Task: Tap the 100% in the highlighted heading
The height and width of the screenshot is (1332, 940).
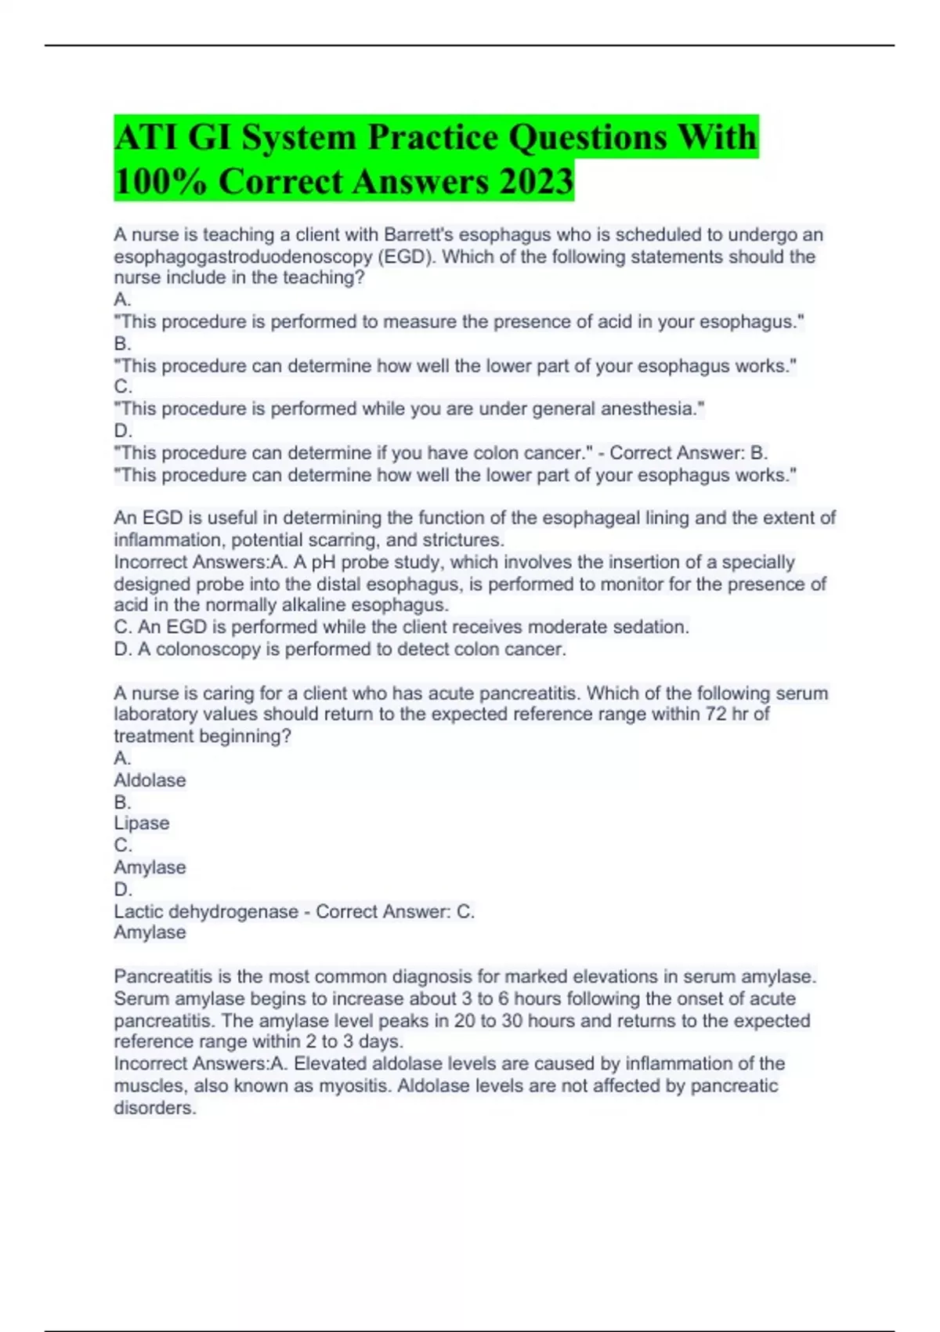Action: tap(161, 181)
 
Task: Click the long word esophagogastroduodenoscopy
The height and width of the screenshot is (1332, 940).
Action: tap(243, 256)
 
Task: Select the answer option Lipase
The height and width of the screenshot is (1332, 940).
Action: tap(142, 823)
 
